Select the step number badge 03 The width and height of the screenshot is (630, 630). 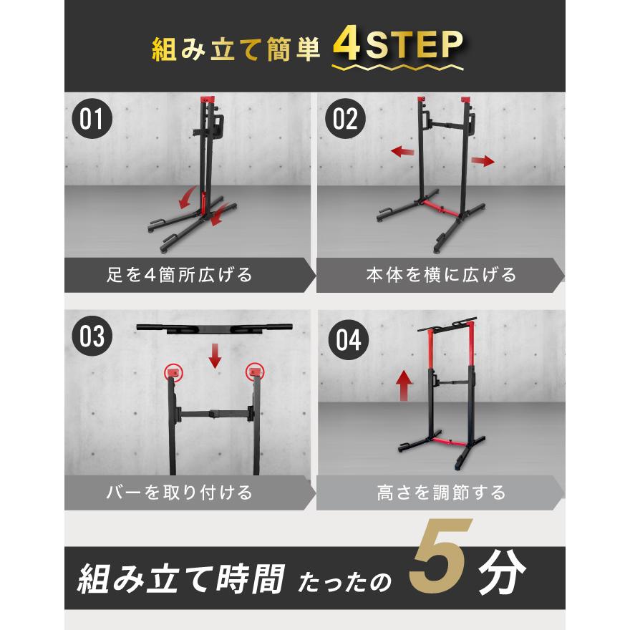tap(92, 336)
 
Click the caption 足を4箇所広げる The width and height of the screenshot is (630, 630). tap(176, 275)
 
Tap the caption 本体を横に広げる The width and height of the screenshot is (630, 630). tap(441, 275)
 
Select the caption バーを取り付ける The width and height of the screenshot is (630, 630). tap(176, 493)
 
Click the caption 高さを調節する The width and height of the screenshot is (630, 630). tap(441, 493)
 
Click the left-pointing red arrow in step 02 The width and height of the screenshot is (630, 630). tap(403, 151)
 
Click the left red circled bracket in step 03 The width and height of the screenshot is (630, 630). tap(172, 371)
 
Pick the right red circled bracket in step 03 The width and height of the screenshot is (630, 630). tap(254, 371)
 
